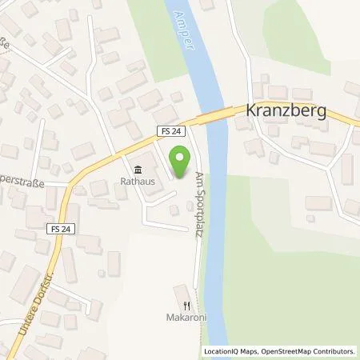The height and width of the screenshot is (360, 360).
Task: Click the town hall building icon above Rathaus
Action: click(x=136, y=169)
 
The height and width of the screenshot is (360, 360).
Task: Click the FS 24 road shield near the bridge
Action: click(x=167, y=130)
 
